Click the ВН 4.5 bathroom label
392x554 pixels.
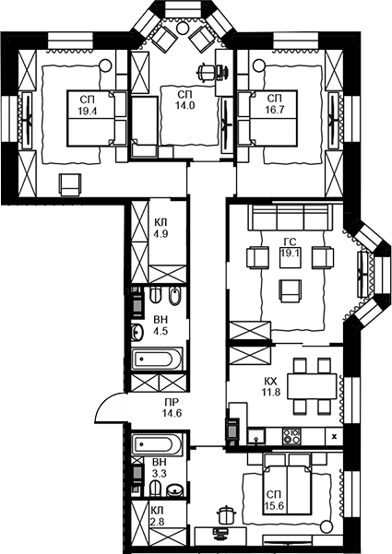point(161,326)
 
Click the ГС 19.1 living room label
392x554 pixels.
point(290,247)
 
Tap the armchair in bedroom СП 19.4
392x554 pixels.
point(70,183)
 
